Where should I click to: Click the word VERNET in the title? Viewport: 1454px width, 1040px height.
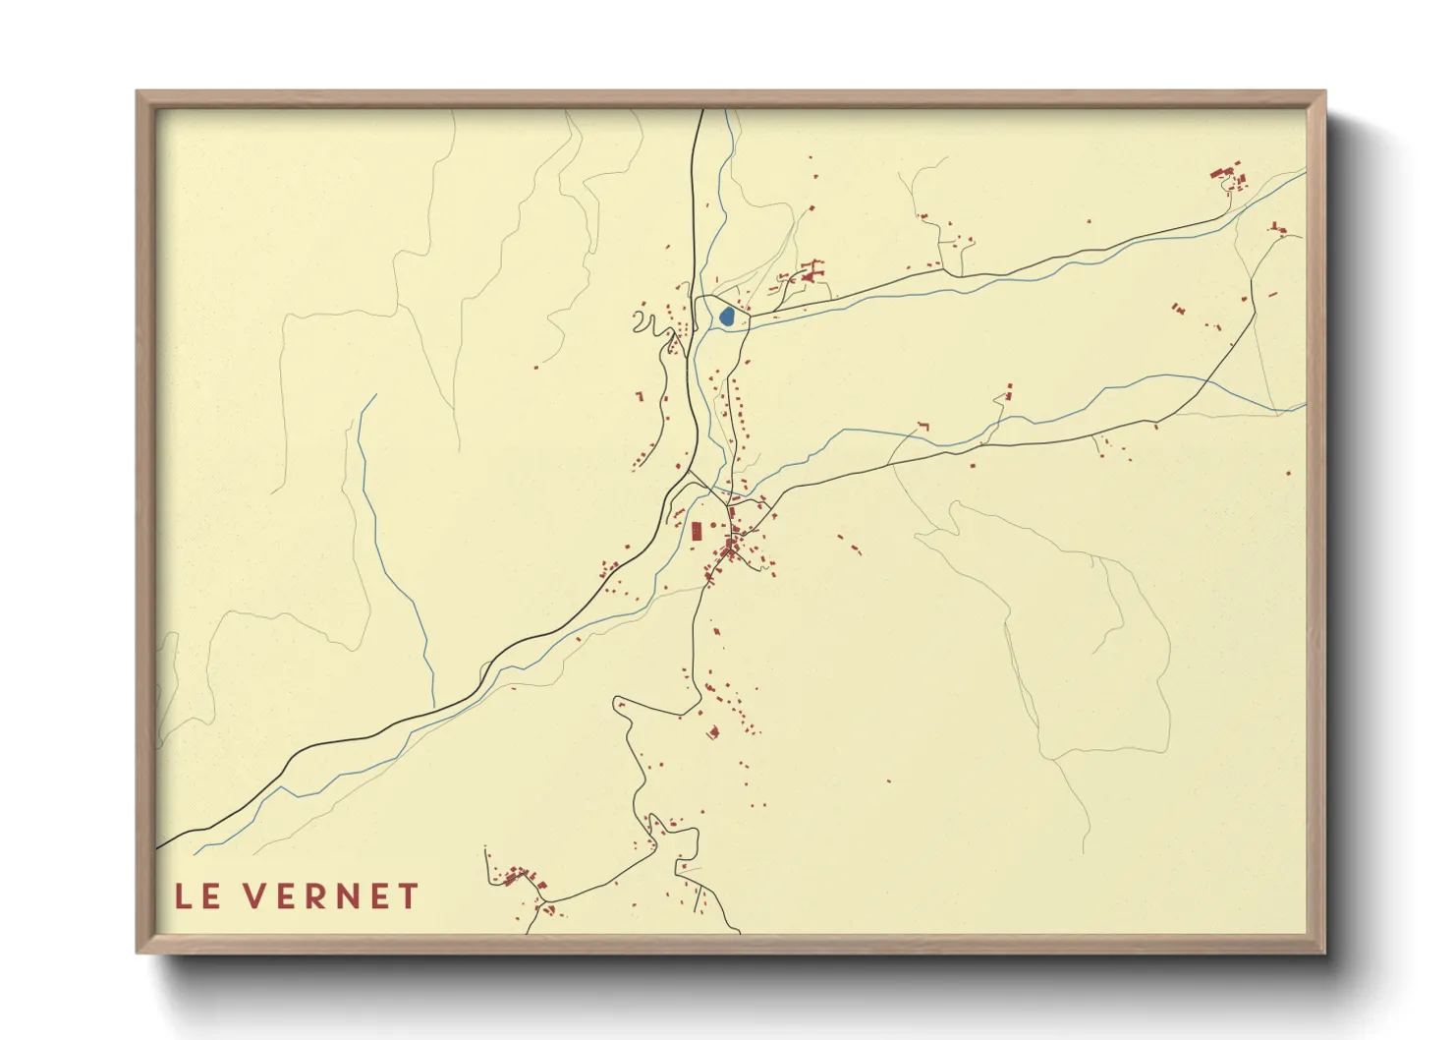pyautogui.click(x=332, y=896)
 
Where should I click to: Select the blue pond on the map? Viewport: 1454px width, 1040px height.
pyautogui.click(x=726, y=316)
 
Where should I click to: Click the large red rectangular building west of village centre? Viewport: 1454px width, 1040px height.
pyautogui.click(x=697, y=532)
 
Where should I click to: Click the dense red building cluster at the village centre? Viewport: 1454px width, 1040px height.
pyautogui.click(x=732, y=547)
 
